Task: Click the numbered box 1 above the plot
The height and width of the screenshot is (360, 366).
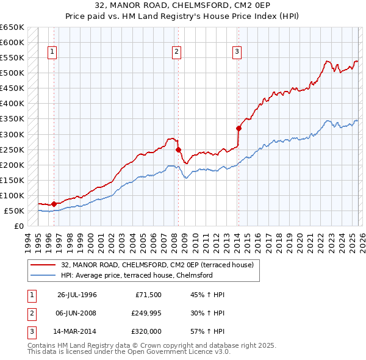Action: point(52,52)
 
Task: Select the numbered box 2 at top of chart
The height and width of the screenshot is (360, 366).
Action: point(176,52)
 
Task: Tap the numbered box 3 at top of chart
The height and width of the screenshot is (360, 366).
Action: point(236,52)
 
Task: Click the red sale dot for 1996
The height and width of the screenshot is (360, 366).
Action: point(54,204)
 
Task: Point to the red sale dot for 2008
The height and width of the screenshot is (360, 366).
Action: point(178,149)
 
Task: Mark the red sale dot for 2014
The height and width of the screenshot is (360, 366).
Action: point(239,128)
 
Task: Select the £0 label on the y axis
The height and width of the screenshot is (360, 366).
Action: point(19,226)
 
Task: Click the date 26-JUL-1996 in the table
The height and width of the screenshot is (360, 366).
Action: point(77,295)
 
